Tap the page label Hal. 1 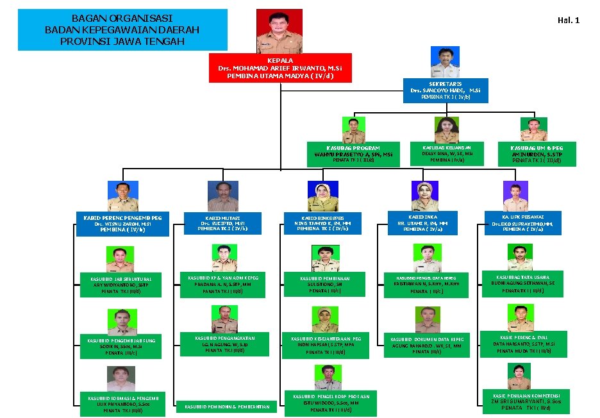[568, 21]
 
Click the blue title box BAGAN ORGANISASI [122, 30]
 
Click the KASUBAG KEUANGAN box [447, 154]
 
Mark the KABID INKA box [422, 222]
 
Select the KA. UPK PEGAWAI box [522, 222]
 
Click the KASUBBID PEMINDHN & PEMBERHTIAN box [228, 406]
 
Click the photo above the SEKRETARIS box [446, 62]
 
